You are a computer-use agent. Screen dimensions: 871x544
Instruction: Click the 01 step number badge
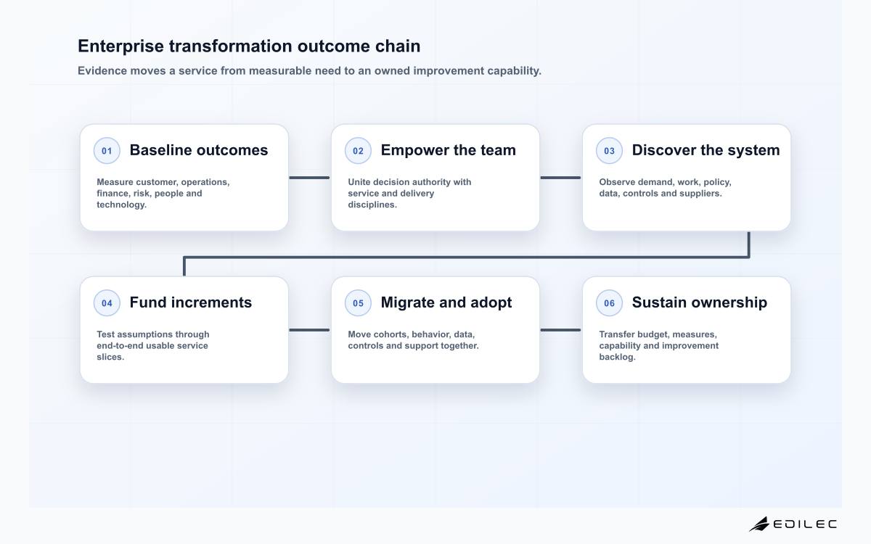click(107, 150)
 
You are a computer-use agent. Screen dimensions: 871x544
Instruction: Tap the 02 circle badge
click(358, 150)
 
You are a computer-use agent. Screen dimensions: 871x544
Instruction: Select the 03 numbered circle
click(609, 150)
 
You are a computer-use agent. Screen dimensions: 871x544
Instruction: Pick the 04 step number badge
click(107, 302)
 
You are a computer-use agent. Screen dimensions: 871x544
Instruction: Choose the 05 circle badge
click(358, 302)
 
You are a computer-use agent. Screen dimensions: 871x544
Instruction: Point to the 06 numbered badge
click(609, 302)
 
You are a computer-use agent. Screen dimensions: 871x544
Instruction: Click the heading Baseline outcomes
click(199, 150)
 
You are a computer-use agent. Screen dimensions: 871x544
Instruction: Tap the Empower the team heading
click(449, 150)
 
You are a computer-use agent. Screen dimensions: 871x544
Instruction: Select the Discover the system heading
click(706, 150)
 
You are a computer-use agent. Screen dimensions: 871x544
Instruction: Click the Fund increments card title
click(190, 302)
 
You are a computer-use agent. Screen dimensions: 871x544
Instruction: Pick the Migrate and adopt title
click(446, 302)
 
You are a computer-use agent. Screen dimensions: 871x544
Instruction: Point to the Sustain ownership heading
click(699, 302)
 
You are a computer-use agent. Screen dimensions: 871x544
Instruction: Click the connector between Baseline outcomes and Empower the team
click(309, 178)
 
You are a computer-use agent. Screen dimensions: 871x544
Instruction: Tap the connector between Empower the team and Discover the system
click(560, 178)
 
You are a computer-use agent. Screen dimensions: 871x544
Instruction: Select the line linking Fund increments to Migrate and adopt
click(309, 330)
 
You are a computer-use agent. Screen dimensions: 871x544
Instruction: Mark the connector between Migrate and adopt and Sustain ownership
click(560, 330)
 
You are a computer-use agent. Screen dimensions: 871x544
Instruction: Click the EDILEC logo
click(793, 524)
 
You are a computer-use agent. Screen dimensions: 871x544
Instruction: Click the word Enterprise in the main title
click(120, 46)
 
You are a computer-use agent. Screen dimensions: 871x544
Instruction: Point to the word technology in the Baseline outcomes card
click(120, 205)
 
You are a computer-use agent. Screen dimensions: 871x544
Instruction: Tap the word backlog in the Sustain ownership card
click(616, 357)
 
